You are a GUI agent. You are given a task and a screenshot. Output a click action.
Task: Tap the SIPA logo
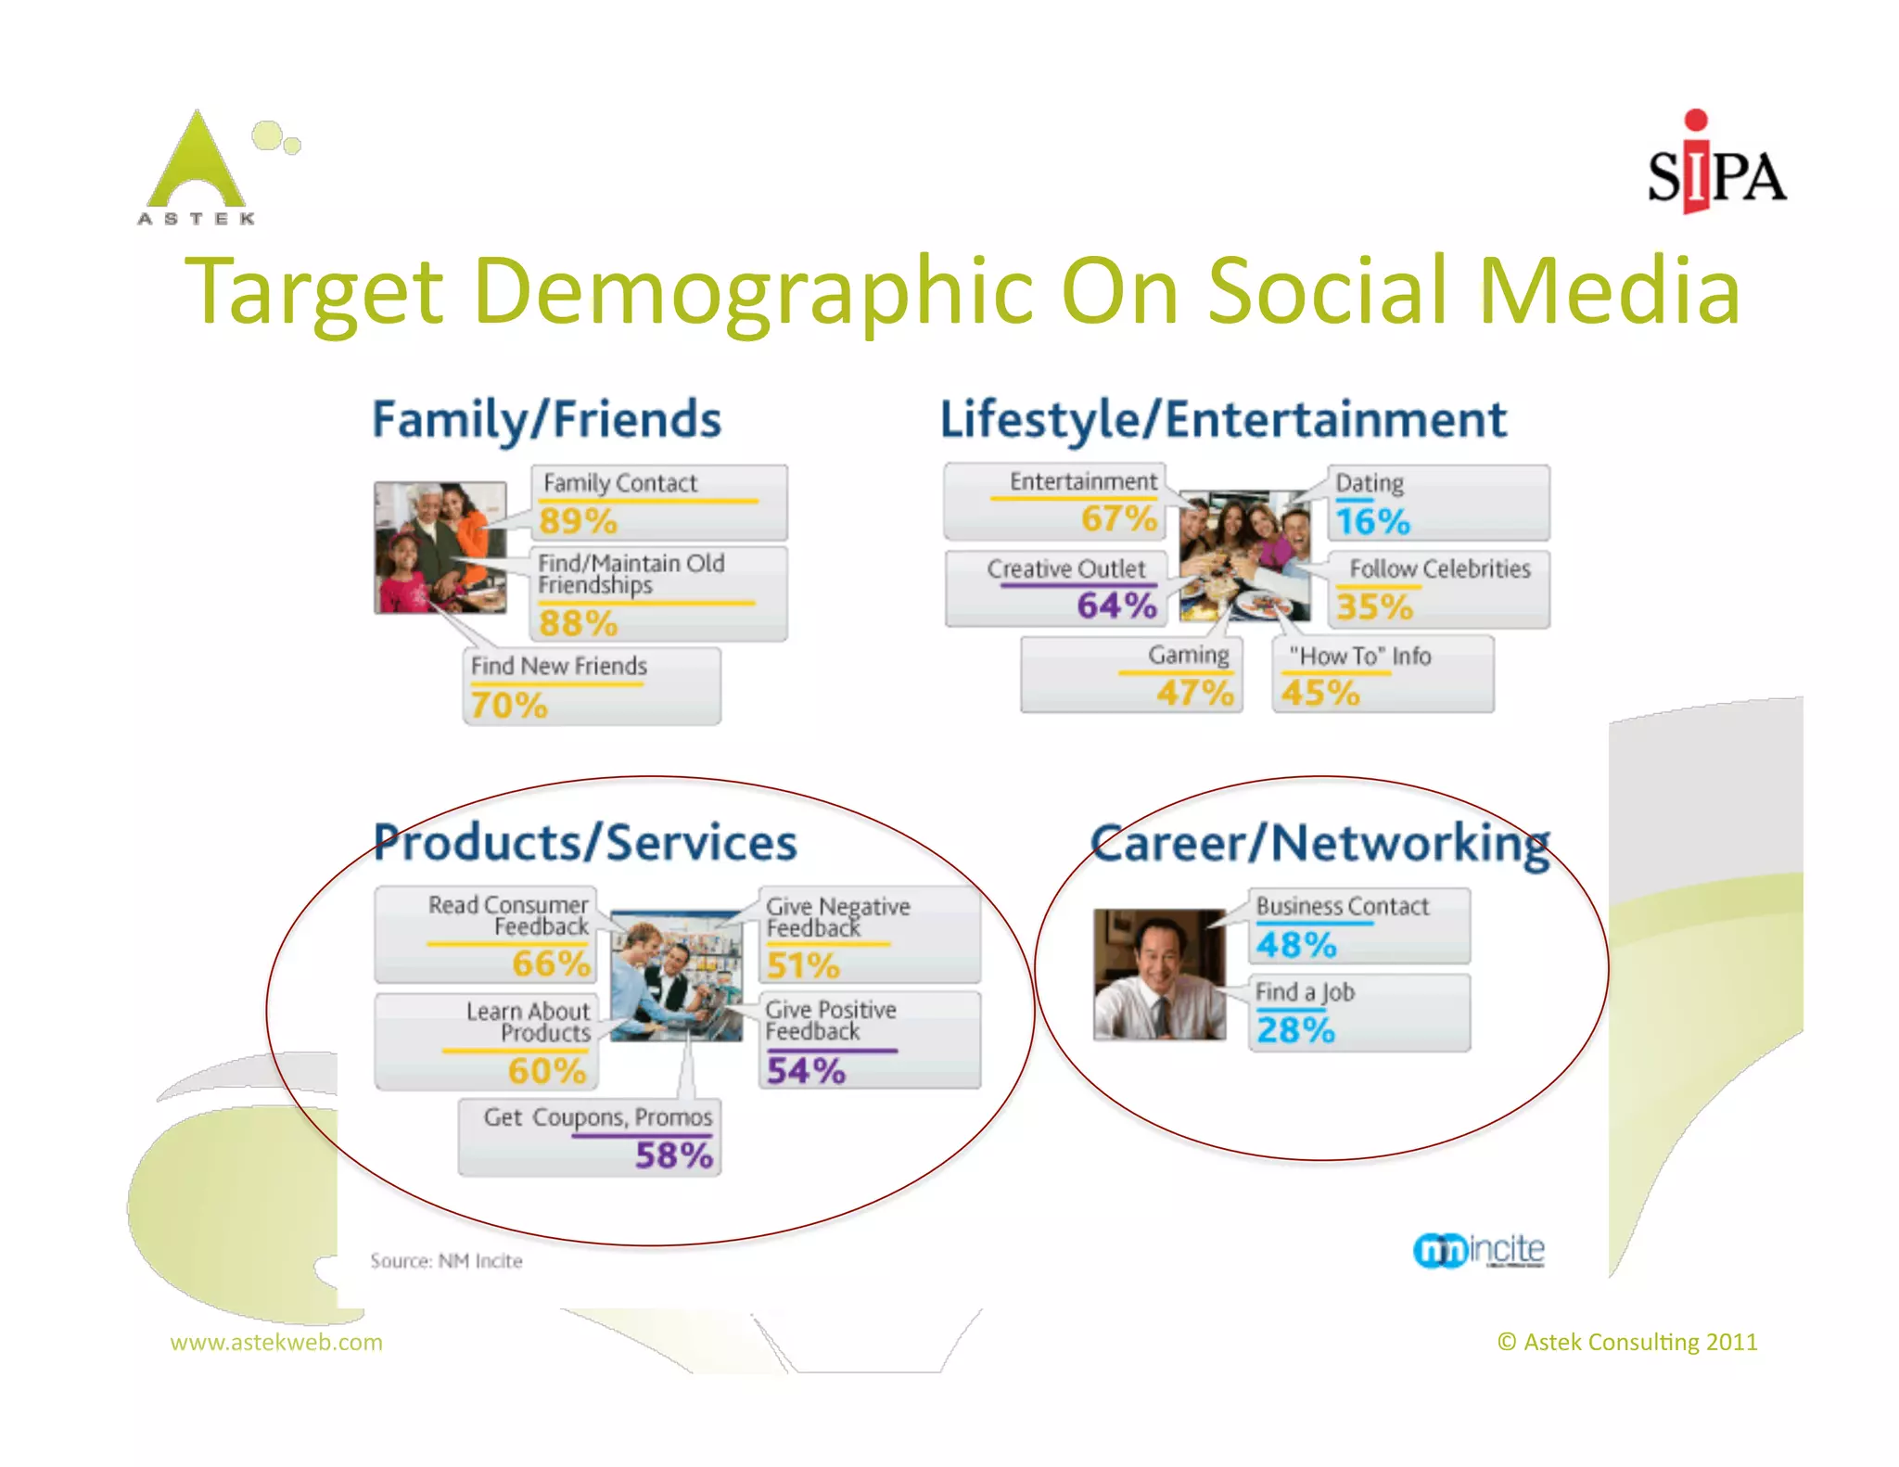1715,167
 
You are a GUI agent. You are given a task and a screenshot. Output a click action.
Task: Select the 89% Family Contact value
578,520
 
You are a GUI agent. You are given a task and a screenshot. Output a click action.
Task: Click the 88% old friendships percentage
578,622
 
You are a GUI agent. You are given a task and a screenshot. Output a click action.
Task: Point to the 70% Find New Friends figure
509,705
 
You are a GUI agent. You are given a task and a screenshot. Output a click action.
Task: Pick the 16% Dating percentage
1372,521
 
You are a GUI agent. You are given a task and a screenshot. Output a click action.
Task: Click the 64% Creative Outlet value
1116,606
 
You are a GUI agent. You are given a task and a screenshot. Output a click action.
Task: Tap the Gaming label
1188,656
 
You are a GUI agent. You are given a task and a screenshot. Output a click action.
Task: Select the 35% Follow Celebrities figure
1374,607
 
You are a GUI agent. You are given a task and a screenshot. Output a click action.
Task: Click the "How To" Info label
1359,657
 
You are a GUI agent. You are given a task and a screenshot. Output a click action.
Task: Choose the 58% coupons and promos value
674,1155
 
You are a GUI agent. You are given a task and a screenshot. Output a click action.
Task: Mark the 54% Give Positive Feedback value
806,1071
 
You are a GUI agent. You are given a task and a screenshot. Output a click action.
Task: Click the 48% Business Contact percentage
1296,945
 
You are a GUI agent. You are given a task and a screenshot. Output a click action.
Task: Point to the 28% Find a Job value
1295,1030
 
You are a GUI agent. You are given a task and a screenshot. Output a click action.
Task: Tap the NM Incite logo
1479,1250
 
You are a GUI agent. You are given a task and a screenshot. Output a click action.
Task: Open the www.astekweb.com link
276,1342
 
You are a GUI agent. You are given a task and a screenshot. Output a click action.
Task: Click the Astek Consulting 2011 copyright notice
1627,1342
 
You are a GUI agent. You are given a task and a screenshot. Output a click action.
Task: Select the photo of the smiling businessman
1159,974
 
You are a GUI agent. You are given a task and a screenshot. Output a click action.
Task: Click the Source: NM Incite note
446,1261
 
